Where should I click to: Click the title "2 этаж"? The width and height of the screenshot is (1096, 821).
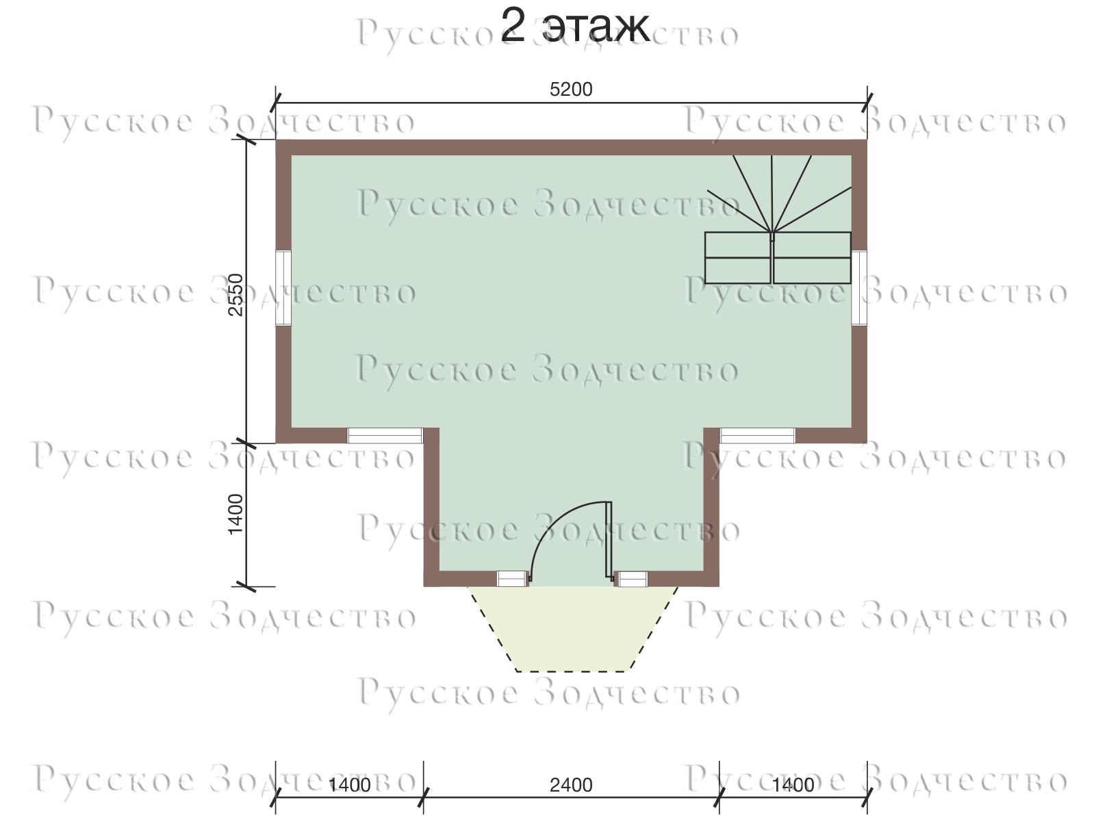[575, 27]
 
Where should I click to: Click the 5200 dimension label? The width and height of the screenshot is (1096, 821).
[571, 89]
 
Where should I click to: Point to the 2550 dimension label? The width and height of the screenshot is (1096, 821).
[235, 294]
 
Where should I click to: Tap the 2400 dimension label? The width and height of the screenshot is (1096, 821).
[571, 785]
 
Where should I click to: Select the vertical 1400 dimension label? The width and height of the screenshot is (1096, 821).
[235, 514]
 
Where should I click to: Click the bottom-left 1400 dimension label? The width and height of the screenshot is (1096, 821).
[349, 785]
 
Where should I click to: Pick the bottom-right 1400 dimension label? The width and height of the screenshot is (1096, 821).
[793, 785]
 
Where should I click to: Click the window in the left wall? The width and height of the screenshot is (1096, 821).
[283, 288]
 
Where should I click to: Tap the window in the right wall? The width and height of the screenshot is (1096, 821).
[859, 288]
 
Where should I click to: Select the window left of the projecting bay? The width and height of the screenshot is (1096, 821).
[385, 435]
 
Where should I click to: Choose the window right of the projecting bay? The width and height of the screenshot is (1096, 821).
[757, 435]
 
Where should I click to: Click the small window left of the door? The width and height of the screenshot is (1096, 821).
[512, 579]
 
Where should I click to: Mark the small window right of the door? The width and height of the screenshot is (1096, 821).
[632, 579]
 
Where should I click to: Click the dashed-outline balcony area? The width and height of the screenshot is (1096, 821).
[572, 629]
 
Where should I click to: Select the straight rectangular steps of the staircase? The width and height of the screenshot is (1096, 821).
[778, 258]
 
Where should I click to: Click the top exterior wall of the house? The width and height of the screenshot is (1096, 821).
[571, 147]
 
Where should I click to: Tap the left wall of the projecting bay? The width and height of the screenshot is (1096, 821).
[431, 507]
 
